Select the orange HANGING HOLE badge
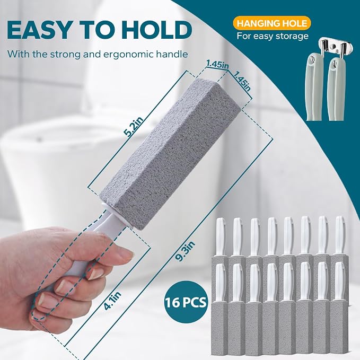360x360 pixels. pos(272,23)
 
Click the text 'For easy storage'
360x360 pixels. pos(273,36)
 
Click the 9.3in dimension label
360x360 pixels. pos(185,251)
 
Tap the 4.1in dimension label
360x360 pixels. pos(112,301)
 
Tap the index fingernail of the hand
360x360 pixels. pos(96,273)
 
